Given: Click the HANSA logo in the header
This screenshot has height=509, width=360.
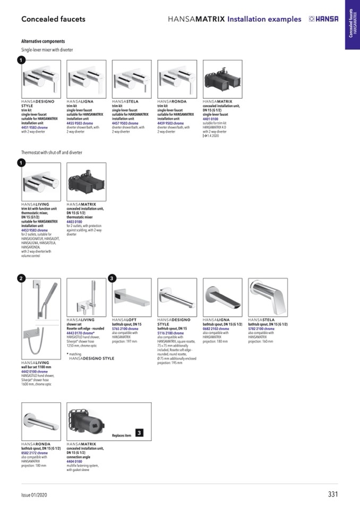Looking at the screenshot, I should click(x=323, y=19).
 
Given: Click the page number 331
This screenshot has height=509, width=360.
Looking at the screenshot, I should click(x=333, y=494).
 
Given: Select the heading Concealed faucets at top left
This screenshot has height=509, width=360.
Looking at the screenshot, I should click(x=53, y=19).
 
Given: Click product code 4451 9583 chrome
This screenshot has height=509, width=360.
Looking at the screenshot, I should click(x=35, y=127).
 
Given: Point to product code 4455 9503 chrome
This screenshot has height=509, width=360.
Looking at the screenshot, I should click(x=80, y=123).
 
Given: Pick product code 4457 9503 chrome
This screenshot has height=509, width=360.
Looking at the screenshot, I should click(x=125, y=123).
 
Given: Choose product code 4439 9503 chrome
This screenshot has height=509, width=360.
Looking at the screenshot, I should click(x=171, y=123).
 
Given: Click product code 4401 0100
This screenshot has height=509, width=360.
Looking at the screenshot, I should click(x=211, y=119).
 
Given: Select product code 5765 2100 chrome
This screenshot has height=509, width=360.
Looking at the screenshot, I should click(x=125, y=329).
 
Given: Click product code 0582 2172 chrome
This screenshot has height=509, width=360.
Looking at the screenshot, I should click(x=35, y=453).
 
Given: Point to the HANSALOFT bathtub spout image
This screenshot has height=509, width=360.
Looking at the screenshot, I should click(x=132, y=297).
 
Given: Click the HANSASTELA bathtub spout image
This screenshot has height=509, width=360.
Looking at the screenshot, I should click(x=268, y=297).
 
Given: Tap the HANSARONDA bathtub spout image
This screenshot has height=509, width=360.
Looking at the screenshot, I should click(x=41, y=421).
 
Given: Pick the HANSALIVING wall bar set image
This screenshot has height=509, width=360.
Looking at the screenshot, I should click(x=41, y=318).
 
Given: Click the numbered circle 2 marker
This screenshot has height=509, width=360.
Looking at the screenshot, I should click(x=20, y=278).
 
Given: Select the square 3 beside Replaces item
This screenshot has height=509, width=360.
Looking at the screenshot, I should click(x=139, y=433).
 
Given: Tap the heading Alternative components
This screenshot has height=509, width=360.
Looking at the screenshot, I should click(x=43, y=41).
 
